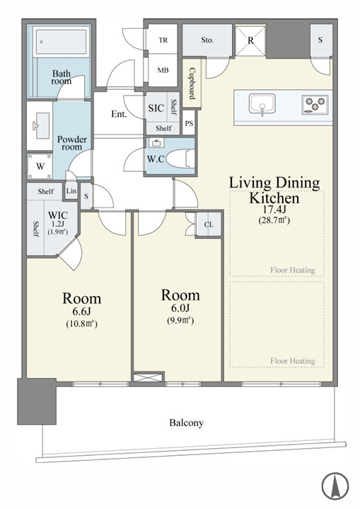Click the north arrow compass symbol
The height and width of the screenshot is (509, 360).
[335, 486]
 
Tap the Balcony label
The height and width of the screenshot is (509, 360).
[187, 423]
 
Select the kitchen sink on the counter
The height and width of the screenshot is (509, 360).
[262, 105]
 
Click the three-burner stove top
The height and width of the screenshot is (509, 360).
[314, 104]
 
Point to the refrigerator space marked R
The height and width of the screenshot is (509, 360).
[250, 40]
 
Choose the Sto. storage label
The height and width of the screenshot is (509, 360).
[207, 40]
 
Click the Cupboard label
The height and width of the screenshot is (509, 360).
[192, 83]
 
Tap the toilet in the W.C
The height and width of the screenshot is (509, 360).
[180, 159]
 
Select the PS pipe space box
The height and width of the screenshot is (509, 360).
[189, 122]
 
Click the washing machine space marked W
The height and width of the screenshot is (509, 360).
[40, 166]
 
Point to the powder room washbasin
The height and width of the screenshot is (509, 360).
[40, 125]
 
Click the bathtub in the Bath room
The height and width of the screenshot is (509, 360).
[61, 42]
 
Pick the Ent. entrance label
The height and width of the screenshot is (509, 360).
[119, 114]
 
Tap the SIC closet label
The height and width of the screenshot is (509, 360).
[156, 108]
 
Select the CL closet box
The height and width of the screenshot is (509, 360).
[209, 224]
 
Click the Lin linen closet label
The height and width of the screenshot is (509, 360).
[71, 190]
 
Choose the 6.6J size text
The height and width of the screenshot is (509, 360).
[82, 311]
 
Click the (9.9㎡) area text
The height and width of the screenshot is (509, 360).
[180, 321]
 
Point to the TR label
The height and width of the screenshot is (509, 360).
[163, 40]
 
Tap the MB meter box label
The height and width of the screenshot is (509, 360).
[163, 70]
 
